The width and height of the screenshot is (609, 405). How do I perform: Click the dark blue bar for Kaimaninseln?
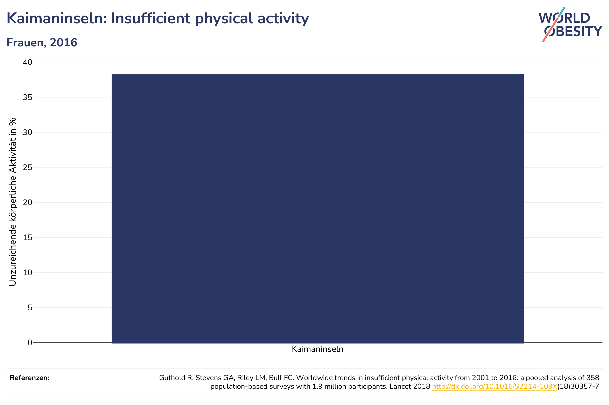coord(317,209)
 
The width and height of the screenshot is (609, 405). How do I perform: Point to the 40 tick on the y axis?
coord(28,62)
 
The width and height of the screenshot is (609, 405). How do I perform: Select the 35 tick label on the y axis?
coord(28,97)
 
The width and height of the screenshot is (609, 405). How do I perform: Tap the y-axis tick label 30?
coord(28,132)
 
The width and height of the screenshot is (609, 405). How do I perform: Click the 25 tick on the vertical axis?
coord(28,167)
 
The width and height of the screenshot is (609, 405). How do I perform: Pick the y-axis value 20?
coord(28,202)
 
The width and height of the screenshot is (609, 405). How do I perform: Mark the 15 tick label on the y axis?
coord(28,237)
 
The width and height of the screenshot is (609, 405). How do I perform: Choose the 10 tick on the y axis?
coord(28,272)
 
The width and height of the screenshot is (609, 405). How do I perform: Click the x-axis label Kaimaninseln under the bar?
coord(317,349)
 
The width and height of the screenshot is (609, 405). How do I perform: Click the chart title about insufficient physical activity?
coord(157,19)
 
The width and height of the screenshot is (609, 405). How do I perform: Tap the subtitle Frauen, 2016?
coord(42,43)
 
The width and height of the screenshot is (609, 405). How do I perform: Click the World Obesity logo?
coord(570,25)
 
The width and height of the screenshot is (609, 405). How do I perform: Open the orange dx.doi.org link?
coord(495,386)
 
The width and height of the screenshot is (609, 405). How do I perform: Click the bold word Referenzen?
coord(29,378)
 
